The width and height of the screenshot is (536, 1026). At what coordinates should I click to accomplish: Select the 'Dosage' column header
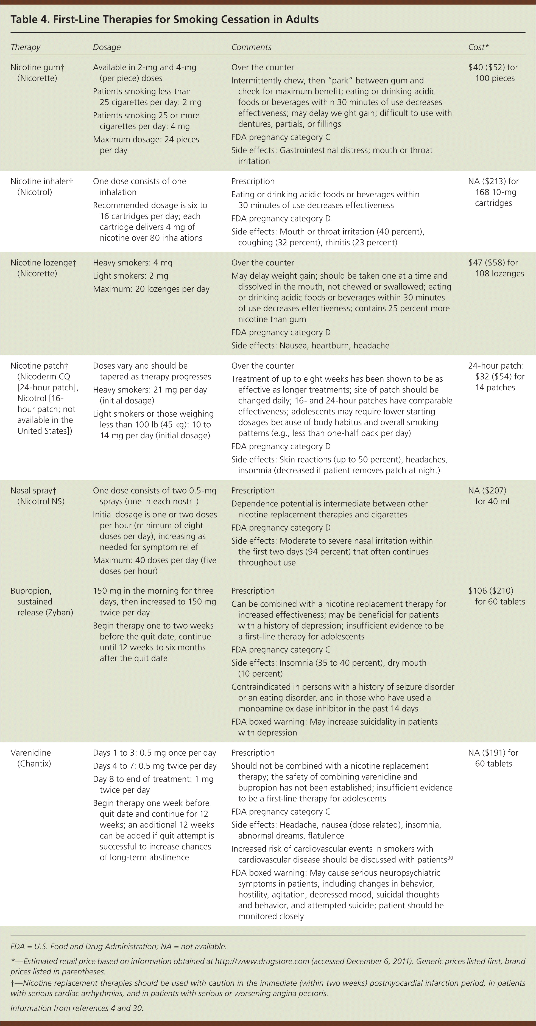click(x=107, y=47)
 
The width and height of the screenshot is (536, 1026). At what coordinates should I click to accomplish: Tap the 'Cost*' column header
click(x=478, y=47)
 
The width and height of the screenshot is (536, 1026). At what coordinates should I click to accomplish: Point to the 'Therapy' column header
click(x=26, y=47)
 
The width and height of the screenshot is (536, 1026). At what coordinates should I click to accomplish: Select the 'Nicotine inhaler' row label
click(x=40, y=181)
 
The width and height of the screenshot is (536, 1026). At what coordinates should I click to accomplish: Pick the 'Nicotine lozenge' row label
click(x=41, y=262)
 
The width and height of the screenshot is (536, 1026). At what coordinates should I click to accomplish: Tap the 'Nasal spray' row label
click(x=33, y=490)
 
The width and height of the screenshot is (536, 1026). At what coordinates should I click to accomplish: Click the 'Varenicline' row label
click(x=31, y=753)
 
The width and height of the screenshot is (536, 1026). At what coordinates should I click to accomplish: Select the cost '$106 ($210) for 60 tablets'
click(x=496, y=596)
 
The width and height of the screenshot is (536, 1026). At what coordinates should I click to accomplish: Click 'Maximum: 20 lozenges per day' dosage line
click(x=151, y=289)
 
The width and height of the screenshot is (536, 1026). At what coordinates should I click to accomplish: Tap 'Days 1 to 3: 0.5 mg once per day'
click(x=155, y=753)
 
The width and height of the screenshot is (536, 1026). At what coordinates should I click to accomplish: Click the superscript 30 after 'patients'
click(x=450, y=858)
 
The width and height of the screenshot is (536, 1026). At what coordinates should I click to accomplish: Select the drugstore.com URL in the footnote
click(x=262, y=961)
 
